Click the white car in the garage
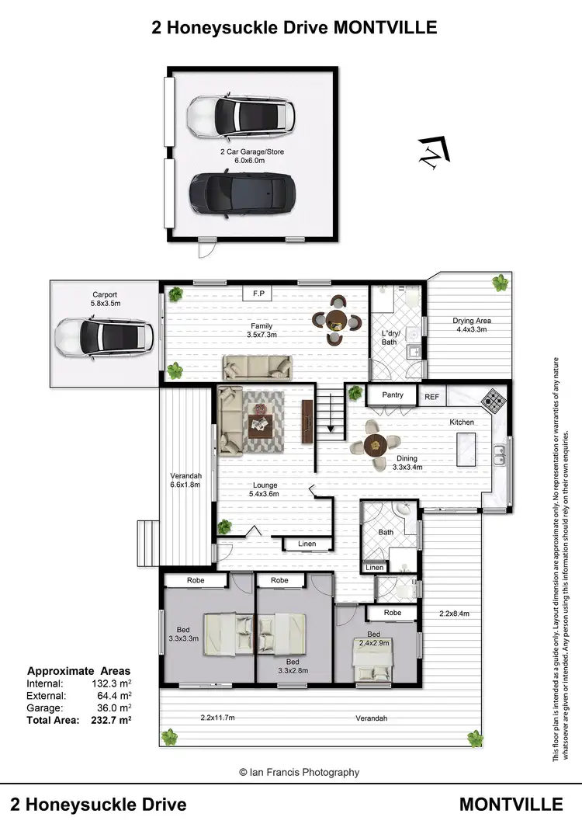point(241,115)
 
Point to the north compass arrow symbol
point(432,151)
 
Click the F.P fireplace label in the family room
point(259,294)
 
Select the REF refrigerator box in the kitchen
point(432,396)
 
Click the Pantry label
point(393,395)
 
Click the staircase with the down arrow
point(331,411)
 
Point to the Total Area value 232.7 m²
point(111,720)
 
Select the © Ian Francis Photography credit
point(299,772)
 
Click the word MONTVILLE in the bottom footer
point(511,803)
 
